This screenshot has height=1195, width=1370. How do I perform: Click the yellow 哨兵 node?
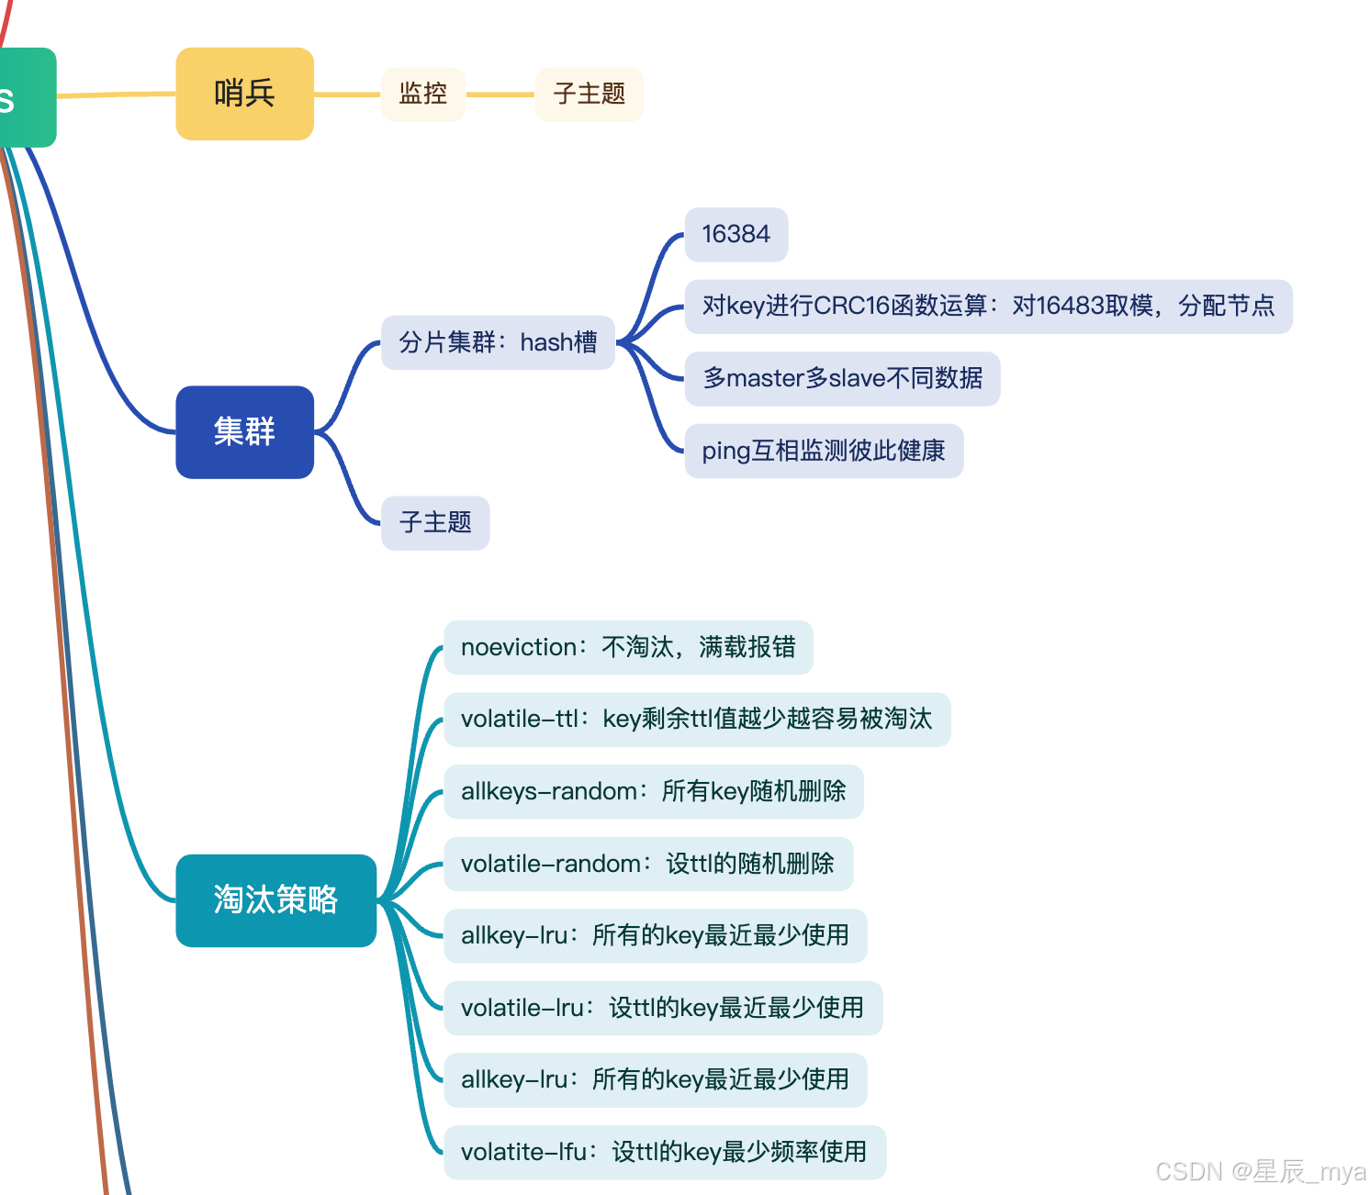[x=244, y=94]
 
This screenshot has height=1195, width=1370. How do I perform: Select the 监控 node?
[x=423, y=94]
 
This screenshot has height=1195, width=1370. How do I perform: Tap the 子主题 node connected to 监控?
[x=589, y=94]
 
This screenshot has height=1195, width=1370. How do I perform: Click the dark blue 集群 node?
[x=244, y=431]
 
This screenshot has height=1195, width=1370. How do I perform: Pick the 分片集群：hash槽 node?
[x=498, y=342]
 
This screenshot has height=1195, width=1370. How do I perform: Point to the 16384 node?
[x=736, y=234]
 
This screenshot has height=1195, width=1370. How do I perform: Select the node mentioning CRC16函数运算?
[x=988, y=306]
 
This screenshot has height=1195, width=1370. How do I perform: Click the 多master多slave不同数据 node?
[x=842, y=378]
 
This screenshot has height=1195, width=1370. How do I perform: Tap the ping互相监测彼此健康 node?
[x=824, y=451]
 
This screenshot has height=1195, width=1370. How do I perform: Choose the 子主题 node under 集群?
[x=435, y=523]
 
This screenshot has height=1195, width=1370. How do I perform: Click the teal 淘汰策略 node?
[x=275, y=900]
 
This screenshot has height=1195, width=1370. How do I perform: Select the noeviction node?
[x=628, y=647]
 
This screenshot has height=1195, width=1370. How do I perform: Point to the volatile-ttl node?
[x=697, y=719]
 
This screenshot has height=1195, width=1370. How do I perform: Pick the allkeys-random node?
[x=654, y=791]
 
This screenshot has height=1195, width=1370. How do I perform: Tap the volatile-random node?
[x=648, y=864]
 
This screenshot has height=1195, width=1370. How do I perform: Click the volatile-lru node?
[x=663, y=1008]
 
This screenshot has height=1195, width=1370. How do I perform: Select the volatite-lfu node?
[x=665, y=1152]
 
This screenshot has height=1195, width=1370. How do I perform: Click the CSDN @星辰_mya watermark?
[x=1260, y=1172]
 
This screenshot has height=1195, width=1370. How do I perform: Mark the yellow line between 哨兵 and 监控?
[x=347, y=94]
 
